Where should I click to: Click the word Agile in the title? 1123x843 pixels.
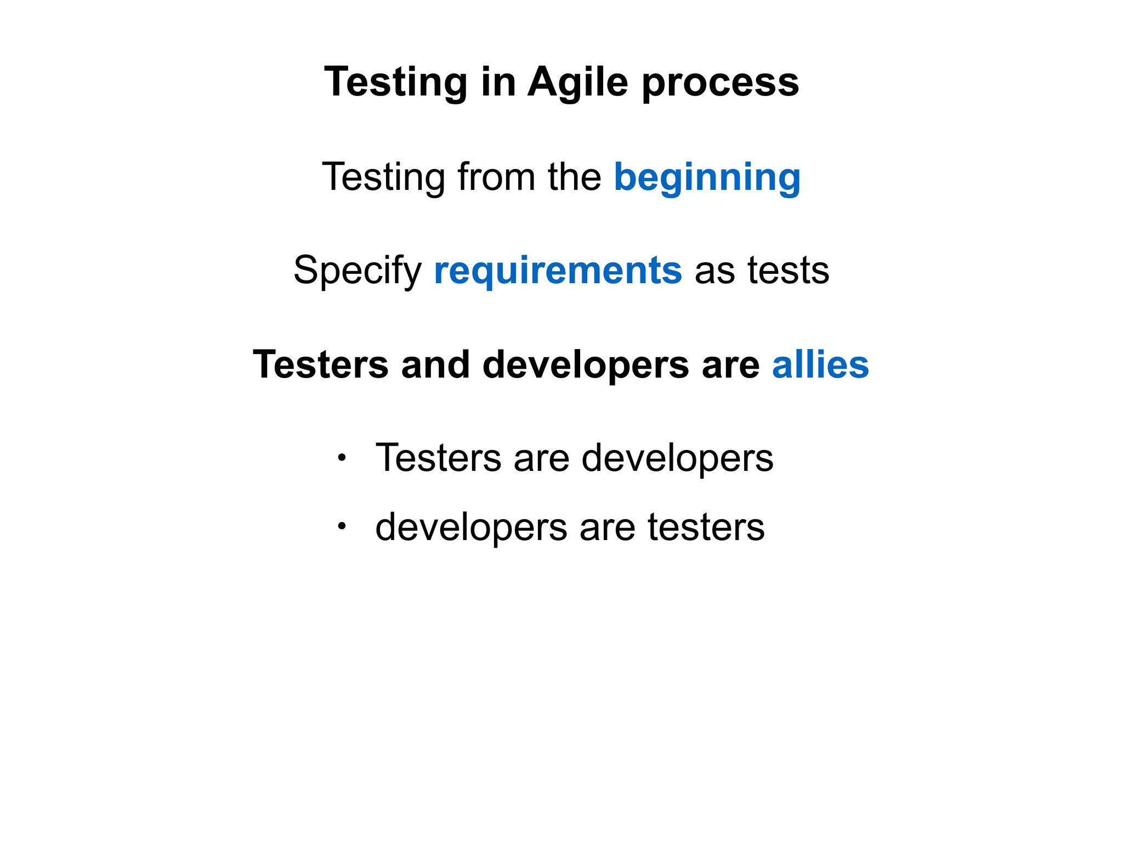coord(577,82)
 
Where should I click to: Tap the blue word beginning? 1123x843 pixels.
coord(707,178)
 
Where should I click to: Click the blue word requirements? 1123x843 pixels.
coord(558,271)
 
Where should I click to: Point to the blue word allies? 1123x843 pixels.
coord(820,364)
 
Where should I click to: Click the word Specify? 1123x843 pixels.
coord(358,271)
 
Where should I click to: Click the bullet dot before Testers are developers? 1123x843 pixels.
coord(342,457)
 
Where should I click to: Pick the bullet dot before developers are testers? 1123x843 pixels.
coord(342,526)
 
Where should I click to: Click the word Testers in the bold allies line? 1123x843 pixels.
coord(320,364)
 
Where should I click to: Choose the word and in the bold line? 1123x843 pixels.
coord(435,364)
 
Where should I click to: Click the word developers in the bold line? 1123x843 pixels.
coord(585,366)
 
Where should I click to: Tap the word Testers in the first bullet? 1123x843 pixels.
coord(438,457)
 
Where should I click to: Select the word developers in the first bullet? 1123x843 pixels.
coord(677,458)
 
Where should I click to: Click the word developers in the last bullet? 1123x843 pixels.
coord(471,527)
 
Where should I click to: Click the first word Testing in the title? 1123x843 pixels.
coord(396,82)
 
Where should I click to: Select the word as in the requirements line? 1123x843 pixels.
coord(714,271)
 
